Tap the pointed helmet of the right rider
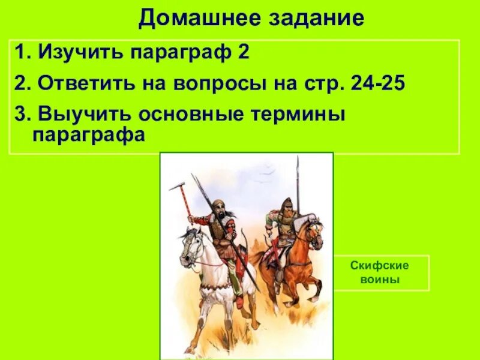pyautogui.click(x=287, y=202)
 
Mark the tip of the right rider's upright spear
pyautogui.click(x=298, y=161)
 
